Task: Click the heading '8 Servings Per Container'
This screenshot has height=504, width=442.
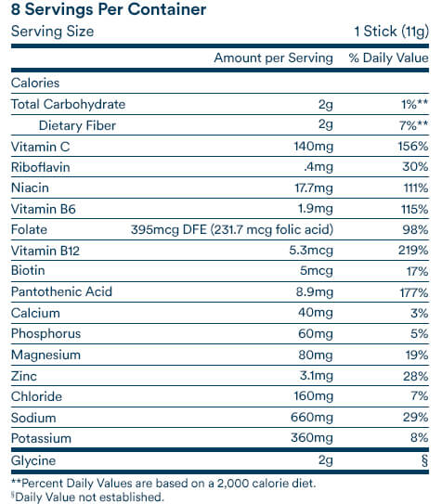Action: (x=109, y=9)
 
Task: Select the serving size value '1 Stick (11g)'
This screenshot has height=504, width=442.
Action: (x=391, y=32)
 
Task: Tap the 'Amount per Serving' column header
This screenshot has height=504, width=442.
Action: (x=273, y=58)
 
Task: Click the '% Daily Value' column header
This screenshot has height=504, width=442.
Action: (x=389, y=58)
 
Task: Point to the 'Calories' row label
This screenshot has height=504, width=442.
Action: (x=35, y=83)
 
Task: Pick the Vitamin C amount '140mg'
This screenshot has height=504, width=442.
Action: (x=314, y=147)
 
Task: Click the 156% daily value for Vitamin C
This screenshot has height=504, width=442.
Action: (x=413, y=147)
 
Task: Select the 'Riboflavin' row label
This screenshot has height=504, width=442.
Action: (x=41, y=167)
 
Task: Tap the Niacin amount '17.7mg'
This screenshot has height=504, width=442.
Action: (x=314, y=187)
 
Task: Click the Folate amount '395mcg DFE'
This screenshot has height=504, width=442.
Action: (x=169, y=229)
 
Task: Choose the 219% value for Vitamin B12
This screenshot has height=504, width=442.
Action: (x=413, y=250)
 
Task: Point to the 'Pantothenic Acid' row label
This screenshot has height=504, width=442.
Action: (x=61, y=291)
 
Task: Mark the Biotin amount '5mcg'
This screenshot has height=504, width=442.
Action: (x=317, y=271)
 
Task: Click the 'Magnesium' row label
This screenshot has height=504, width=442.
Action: (x=45, y=355)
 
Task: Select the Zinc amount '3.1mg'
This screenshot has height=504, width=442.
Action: (x=317, y=375)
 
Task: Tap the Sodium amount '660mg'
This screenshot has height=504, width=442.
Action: (x=312, y=417)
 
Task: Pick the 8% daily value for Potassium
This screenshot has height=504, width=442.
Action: (x=419, y=437)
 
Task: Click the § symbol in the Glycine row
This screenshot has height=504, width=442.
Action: (x=425, y=460)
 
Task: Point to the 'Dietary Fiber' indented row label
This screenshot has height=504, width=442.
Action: (x=77, y=125)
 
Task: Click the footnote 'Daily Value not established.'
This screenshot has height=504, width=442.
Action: (x=89, y=497)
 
